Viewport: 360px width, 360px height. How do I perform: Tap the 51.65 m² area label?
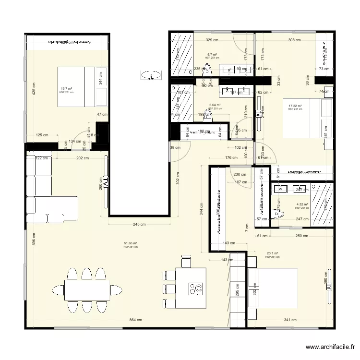point(131,244)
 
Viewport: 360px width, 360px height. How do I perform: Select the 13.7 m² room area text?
point(66,89)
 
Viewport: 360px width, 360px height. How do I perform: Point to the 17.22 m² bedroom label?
point(295,106)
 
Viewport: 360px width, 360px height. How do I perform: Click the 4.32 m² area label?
point(302,204)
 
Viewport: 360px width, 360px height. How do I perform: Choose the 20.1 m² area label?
point(272,253)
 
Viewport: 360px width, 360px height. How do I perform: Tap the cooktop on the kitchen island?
point(196,288)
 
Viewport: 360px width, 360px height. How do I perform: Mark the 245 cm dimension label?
point(140,224)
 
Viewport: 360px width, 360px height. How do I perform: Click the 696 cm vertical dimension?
point(34,240)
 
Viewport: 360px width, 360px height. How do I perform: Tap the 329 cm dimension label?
point(212,41)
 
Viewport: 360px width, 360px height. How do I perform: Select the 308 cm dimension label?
point(294,41)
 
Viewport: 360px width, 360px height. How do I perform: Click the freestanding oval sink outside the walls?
point(151,75)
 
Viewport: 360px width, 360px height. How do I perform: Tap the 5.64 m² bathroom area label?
point(215,105)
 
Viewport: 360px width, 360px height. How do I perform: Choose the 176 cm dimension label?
point(231,157)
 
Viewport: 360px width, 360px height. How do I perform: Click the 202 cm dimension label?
point(83,158)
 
